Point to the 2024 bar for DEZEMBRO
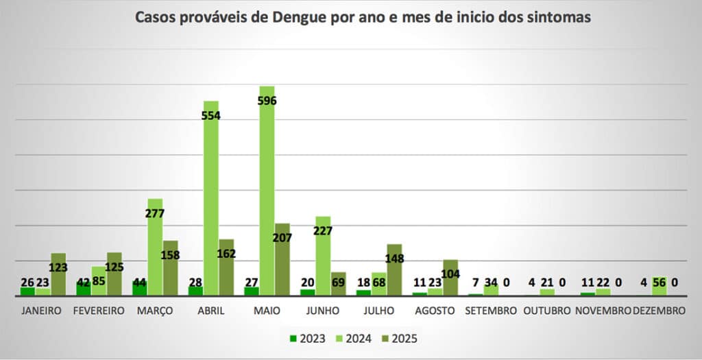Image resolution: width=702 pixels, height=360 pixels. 659,287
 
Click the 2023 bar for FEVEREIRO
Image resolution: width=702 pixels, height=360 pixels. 83,289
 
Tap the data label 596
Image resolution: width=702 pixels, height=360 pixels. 267,101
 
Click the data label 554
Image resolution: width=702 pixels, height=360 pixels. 210,116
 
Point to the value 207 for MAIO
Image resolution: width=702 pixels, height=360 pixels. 282,238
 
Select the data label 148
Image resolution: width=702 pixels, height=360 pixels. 394,259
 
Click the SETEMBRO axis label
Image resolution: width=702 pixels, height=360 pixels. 491,311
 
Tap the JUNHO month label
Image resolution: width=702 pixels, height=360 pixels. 323,311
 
